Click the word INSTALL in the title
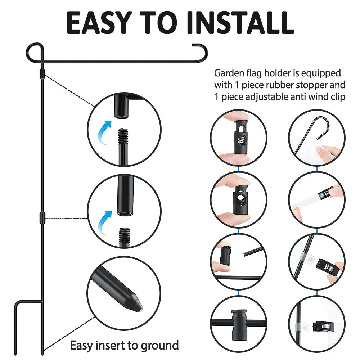(241, 22)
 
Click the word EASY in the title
(99, 22)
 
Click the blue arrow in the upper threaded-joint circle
(105, 132)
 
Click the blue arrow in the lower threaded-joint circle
(105, 223)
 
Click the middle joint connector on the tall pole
(42, 218)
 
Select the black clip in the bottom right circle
(325, 327)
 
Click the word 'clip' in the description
(338, 97)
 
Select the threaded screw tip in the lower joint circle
(125, 236)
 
